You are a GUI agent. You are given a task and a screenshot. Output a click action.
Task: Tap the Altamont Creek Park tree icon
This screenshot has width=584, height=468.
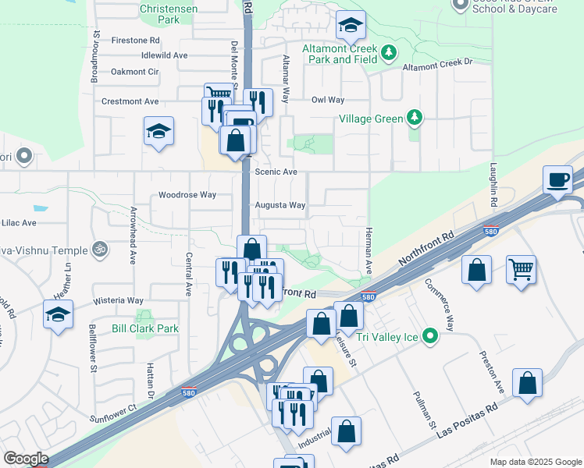389,52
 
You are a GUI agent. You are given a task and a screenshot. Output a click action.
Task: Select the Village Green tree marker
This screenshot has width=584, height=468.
415,119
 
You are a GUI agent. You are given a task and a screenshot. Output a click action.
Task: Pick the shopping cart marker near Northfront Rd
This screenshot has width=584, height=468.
521,270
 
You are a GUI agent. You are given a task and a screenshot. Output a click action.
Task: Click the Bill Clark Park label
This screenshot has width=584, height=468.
145,328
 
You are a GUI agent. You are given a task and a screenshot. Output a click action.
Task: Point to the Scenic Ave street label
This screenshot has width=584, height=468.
277,172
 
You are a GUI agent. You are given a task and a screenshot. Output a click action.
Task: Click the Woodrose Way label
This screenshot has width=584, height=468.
187,194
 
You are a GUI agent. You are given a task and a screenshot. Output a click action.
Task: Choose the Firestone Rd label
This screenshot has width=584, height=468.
136,40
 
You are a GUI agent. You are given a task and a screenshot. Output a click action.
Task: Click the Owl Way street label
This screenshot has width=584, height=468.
328,100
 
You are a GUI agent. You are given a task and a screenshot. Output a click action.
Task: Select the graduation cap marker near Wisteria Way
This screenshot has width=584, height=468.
58,314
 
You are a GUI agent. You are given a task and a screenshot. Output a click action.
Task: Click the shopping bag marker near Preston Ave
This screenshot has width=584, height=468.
528,384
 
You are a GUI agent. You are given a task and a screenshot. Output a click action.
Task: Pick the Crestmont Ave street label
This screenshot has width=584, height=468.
130,101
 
